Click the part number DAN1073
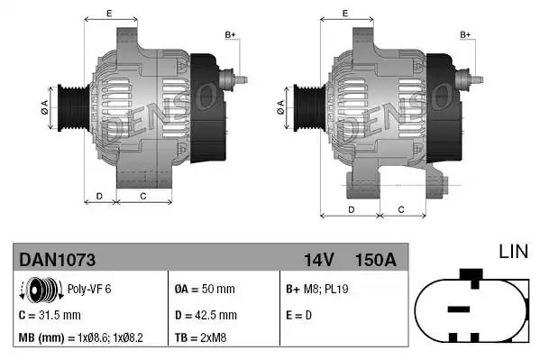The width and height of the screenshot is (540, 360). (58, 261)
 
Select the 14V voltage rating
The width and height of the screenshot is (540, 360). (319, 261)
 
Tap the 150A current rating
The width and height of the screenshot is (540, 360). (377, 261)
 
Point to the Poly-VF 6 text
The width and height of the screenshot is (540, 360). (88, 291)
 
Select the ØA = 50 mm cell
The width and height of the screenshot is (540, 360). (204, 291)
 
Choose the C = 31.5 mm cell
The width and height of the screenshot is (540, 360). (50, 315)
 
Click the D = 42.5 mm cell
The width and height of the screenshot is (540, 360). (206, 315)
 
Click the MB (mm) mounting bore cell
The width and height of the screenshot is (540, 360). (81, 338)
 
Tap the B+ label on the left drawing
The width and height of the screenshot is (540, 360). (230, 35)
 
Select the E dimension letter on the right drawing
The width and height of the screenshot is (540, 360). (345, 14)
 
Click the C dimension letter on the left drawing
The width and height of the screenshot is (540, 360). (143, 195)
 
